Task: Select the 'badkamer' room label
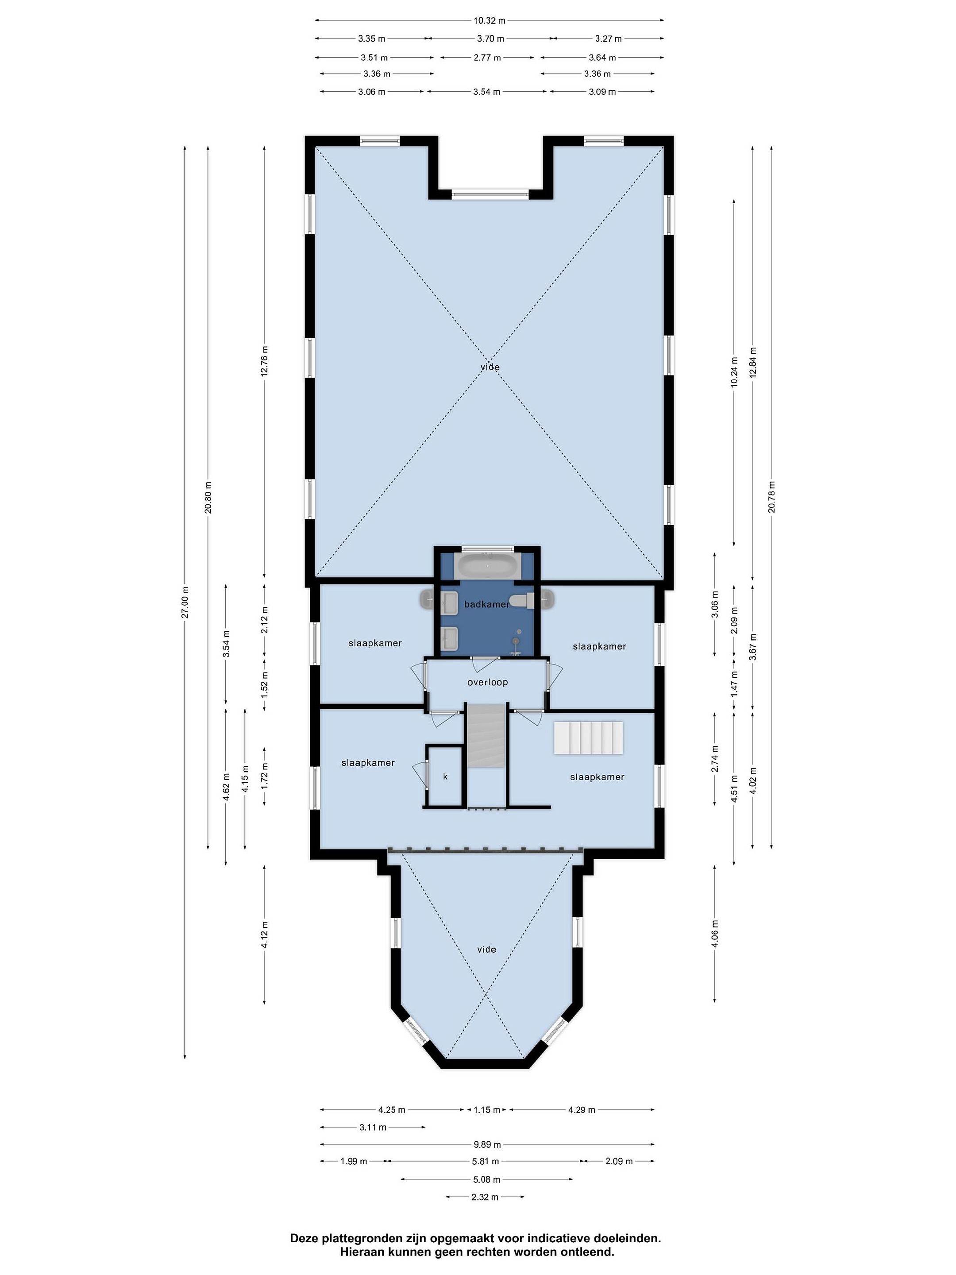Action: click(487, 604)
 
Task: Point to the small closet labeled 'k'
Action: click(445, 776)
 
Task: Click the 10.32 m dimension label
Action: click(489, 21)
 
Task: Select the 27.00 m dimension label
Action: click(185, 602)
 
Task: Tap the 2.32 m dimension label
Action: click(485, 1197)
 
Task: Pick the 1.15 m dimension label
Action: click(487, 1109)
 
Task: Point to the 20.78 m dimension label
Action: click(771, 496)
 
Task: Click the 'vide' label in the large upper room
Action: click(490, 367)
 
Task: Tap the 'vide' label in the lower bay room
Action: click(486, 949)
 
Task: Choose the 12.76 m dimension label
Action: click(265, 361)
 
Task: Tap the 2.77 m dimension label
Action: click(487, 58)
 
